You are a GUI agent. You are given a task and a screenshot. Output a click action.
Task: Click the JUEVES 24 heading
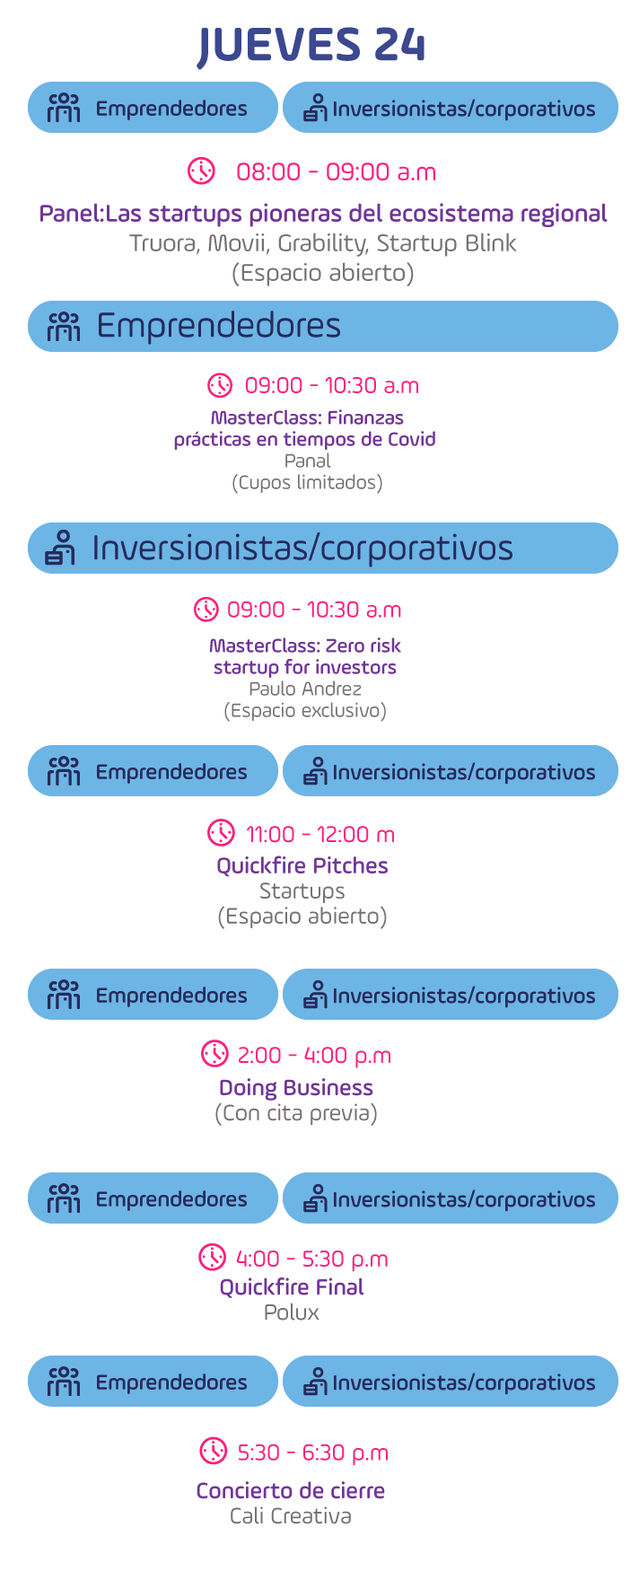311,45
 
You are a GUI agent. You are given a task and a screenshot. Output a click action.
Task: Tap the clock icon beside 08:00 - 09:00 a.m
201,171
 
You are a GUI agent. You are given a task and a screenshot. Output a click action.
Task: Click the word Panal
308,461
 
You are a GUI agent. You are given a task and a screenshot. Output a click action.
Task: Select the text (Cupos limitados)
307,483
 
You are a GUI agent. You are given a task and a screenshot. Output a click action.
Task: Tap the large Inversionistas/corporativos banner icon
60,548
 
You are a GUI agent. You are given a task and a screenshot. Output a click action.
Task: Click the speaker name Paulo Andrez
305,689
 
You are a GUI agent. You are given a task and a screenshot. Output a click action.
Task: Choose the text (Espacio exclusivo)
305,711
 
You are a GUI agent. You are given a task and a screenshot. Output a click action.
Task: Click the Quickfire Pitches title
302,865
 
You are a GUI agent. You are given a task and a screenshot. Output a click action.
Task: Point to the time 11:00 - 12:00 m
320,834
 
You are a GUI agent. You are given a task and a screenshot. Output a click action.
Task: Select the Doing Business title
296,1088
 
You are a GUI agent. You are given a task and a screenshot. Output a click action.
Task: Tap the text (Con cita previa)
296,1113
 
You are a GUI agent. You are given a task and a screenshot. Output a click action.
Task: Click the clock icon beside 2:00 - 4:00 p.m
214,1053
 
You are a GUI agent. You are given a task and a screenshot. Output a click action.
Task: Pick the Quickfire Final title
292,1287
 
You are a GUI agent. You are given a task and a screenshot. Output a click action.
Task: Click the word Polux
292,1312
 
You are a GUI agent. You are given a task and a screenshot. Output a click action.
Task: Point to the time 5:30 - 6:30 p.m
313,1453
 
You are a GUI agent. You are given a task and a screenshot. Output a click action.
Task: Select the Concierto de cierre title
291,1491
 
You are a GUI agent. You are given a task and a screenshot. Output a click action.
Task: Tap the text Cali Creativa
291,1516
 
